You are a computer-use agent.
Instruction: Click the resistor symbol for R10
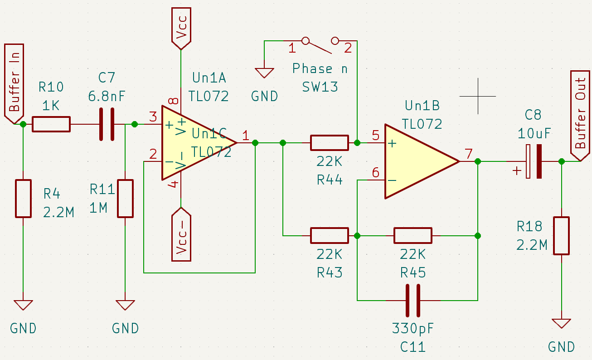pyautogui.click(x=51, y=124)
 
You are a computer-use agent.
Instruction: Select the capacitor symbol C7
pyautogui.click(x=107, y=124)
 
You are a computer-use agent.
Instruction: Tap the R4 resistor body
pyautogui.click(x=23, y=199)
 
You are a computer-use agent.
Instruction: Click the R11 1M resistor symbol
pyautogui.click(x=126, y=199)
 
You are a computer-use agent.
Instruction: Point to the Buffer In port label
pyautogui.click(x=14, y=84)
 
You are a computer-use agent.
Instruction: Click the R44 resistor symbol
pyautogui.click(x=329, y=143)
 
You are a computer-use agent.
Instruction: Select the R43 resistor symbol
pyautogui.click(x=329, y=236)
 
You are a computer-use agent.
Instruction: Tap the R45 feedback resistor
pyautogui.click(x=412, y=236)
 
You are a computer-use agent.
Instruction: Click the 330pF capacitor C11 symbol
pyautogui.click(x=412, y=300)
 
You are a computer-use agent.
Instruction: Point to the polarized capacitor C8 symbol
pyautogui.click(x=533, y=161)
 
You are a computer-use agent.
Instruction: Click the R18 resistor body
pyautogui.click(x=561, y=236)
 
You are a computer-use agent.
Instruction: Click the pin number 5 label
pyautogui.click(x=375, y=135)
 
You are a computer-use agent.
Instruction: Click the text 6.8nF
pyautogui.click(x=107, y=96)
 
